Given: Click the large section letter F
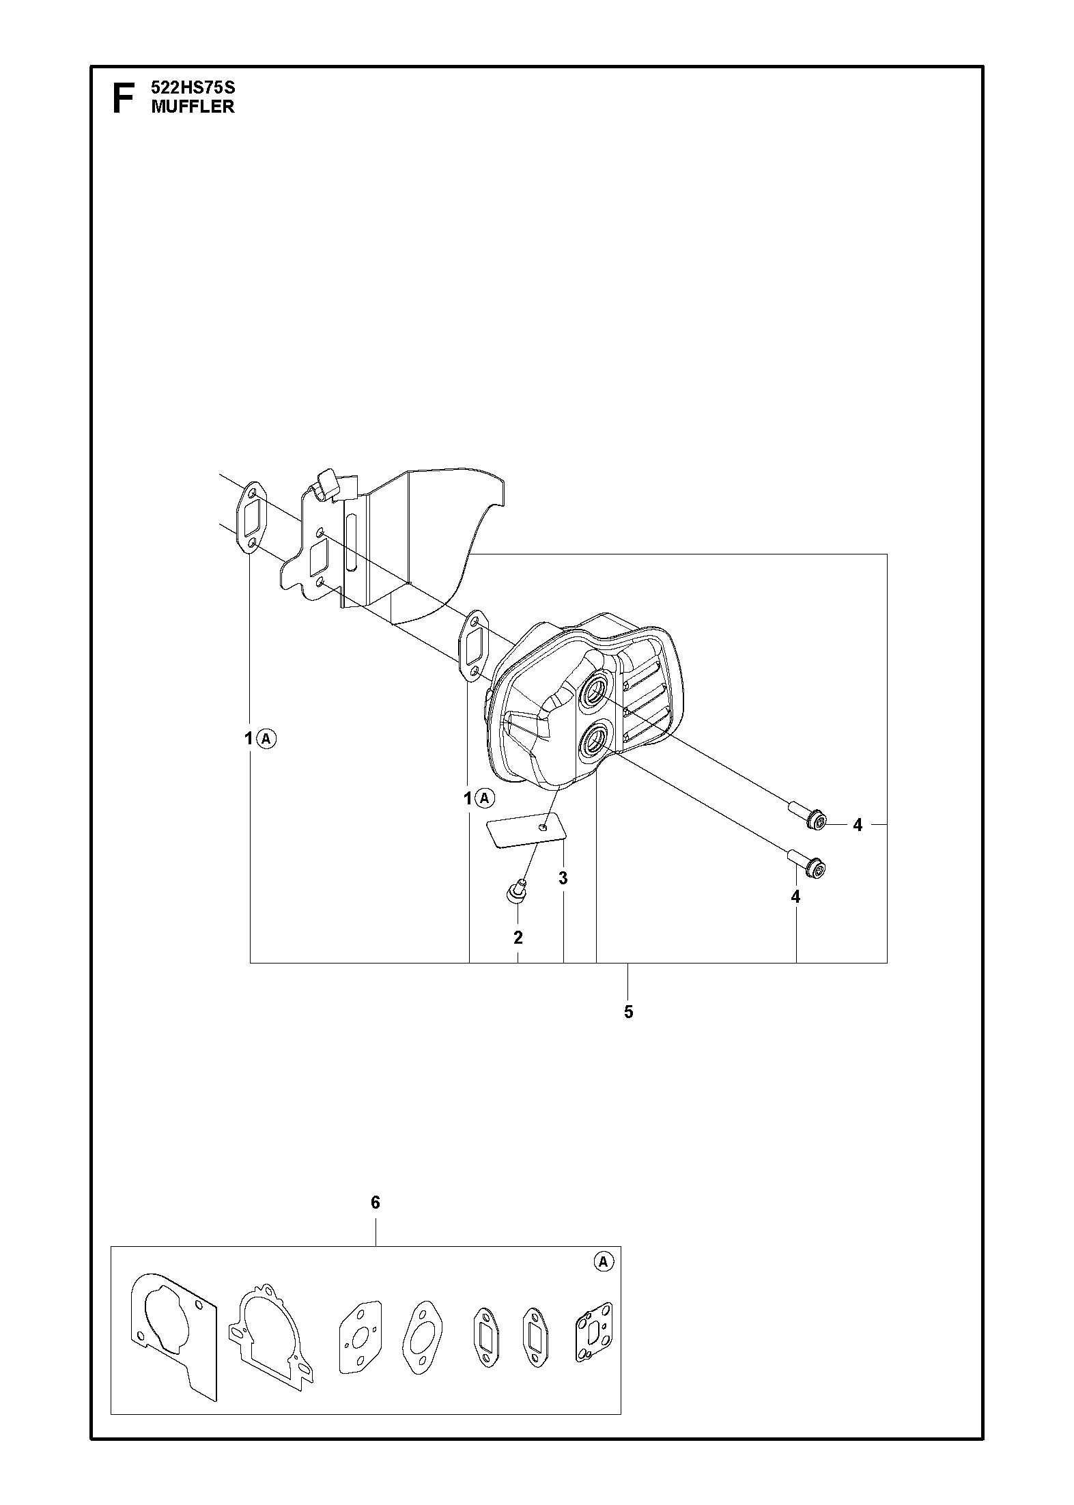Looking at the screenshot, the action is [122, 98].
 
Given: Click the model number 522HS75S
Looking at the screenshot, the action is [193, 88].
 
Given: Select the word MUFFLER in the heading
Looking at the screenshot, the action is [193, 107].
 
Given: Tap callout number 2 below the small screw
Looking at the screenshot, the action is [518, 938].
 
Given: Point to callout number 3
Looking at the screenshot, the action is [563, 878].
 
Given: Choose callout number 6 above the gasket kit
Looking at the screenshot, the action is [375, 1202].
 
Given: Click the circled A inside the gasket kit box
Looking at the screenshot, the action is [603, 1263].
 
